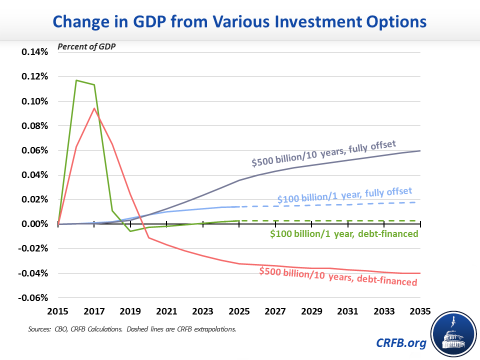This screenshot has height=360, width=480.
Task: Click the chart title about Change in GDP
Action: (x=240, y=22)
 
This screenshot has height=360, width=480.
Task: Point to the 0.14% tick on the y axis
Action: (x=34, y=52)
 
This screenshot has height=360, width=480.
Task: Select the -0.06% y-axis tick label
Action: (x=33, y=298)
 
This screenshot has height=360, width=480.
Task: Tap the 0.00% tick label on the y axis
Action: (x=34, y=224)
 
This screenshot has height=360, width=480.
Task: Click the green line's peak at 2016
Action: (x=76, y=80)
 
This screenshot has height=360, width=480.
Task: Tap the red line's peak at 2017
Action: (x=94, y=108)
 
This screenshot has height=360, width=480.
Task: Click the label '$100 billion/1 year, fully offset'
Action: (x=345, y=196)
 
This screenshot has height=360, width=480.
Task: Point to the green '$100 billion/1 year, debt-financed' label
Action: (x=344, y=233)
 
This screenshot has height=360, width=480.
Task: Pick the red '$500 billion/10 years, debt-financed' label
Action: (x=338, y=276)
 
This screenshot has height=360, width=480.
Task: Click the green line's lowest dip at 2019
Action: (x=130, y=231)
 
